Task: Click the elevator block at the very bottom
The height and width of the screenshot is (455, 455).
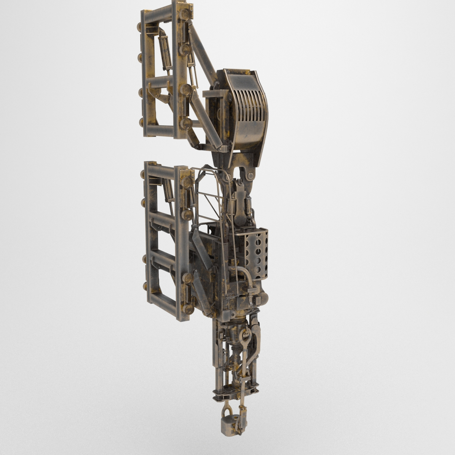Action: [x=230, y=425]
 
